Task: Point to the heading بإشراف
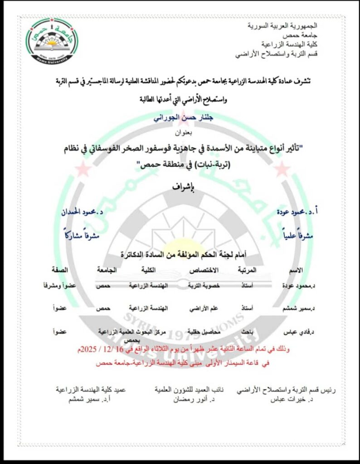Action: pos(180,187)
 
